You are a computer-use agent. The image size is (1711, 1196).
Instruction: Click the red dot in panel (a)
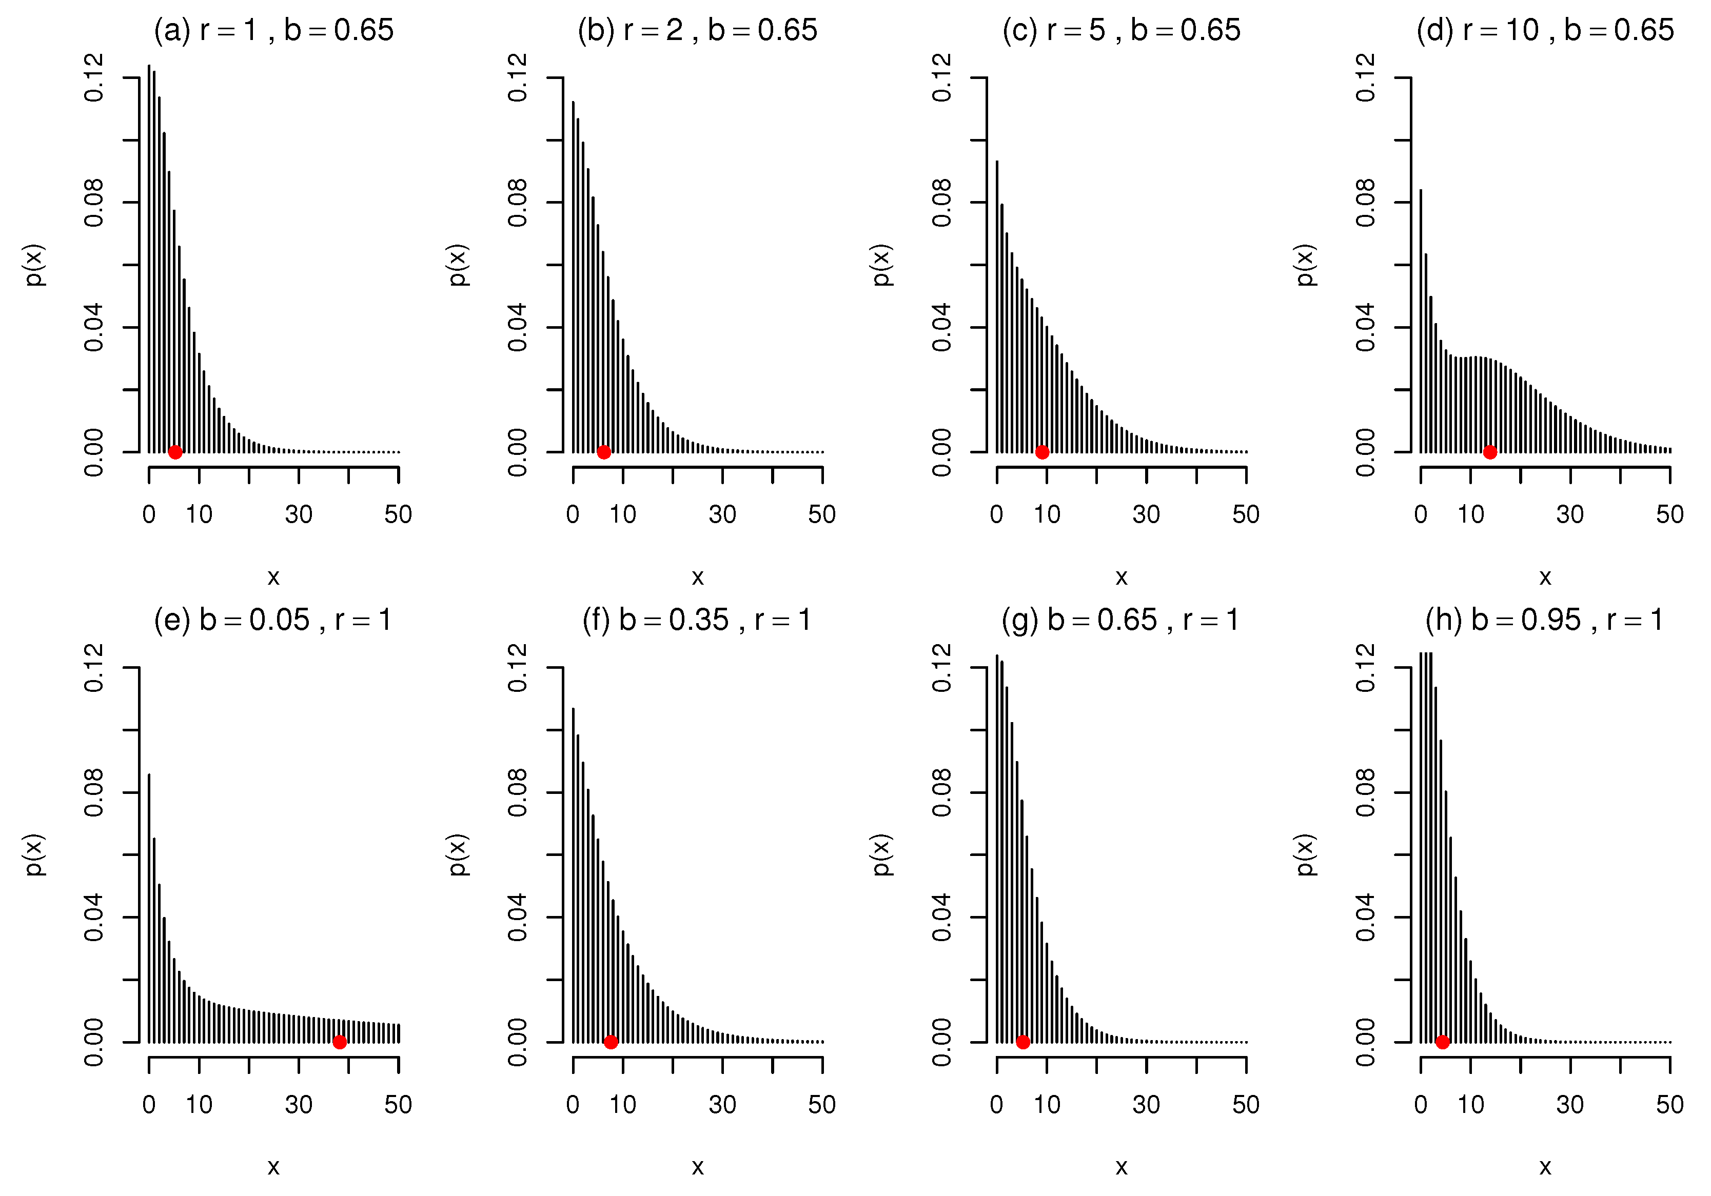pyautogui.click(x=175, y=452)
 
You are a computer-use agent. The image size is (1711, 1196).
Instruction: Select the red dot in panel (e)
pyautogui.click(x=340, y=1043)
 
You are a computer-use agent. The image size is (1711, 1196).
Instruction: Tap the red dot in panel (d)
pyautogui.click(x=1490, y=452)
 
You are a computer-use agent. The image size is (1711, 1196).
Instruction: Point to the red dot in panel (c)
pyautogui.click(x=1043, y=452)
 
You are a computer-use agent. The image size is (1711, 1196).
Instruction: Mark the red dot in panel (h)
pyautogui.click(x=1443, y=1043)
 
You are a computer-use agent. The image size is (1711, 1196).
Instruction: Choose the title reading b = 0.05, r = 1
pyautogui.click(x=273, y=620)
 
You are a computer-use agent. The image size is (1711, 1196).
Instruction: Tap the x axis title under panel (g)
pyautogui.click(x=1122, y=1167)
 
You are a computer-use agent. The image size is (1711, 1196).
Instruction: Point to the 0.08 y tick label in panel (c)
pyautogui.click(x=941, y=203)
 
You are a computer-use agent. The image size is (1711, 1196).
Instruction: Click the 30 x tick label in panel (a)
pyautogui.click(x=299, y=514)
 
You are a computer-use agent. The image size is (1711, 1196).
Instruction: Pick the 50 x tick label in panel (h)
pyautogui.click(x=1670, y=1104)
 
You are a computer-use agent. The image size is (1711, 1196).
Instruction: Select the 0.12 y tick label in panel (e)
pyautogui.click(x=94, y=668)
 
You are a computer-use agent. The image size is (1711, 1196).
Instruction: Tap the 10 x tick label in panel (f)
pyautogui.click(x=623, y=1104)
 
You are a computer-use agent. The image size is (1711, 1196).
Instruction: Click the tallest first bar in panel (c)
pyautogui.click(x=997, y=306)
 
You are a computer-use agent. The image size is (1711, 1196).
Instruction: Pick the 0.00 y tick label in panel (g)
pyautogui.click(x=941, y=1043)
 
